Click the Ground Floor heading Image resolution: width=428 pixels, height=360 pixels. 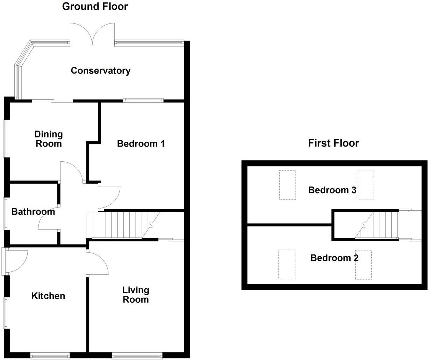pyautogui.click(x=95, y=6)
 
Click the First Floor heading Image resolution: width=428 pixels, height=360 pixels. pyautogui.click(x=333, y=143)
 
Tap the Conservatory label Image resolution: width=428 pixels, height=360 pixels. pyautogui.click(x=100, y=71)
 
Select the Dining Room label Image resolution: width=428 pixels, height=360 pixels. pyautogui.click(x=48, y=139)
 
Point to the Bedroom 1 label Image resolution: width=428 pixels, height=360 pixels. pyautogui.click(x=141, y=143)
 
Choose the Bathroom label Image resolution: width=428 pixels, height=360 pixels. pyautogui.click(x=33, y=212)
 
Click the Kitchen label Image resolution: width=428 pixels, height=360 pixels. pyautogui.click(x=48, y=296)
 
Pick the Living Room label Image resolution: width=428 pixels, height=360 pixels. pyautogui.click(x=135, y=295)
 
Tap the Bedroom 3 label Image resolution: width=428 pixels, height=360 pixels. pyautogui.click(x=332, y=190)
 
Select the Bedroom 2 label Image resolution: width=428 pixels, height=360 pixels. pyautogui.click(x=334, y=258)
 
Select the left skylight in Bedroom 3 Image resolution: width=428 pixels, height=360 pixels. pyautogui.click(x=287, y=185)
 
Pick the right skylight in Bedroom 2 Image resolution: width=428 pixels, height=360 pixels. pyautogui.click(x=363, y=264)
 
